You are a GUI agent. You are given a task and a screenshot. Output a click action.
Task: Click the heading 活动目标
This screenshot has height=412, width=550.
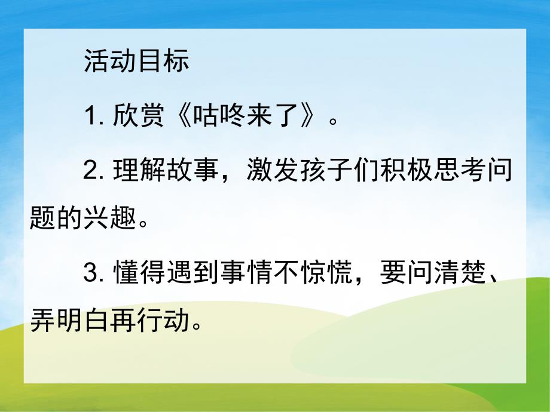click(137, 62)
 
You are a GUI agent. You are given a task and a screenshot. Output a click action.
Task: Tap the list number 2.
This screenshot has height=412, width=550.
click(92, 171)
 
